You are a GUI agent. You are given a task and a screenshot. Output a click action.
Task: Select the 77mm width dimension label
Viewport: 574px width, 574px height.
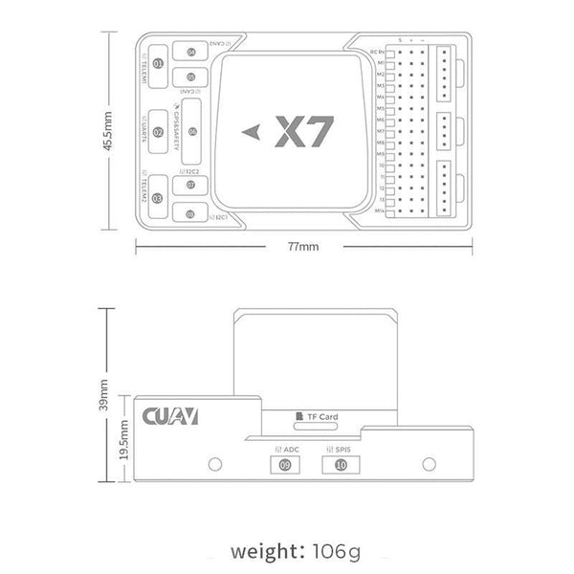tap(304, 247)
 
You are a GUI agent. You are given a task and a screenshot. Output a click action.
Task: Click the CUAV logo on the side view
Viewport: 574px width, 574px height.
tap(170, 417)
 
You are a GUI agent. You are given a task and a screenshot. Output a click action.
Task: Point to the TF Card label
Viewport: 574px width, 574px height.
tap(326, 417)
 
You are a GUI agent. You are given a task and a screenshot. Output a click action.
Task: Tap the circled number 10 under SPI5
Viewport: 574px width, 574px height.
tap(342, 466)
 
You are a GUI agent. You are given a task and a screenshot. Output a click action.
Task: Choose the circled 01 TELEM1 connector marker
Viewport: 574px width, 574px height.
tap(159, 64)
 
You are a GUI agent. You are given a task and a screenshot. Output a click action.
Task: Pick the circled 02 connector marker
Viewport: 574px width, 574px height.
tap(159, 132)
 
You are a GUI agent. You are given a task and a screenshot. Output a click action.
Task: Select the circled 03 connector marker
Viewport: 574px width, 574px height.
tap(158, 198)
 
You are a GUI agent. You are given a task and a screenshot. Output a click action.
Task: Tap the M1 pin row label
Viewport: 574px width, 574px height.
tap(380, 63)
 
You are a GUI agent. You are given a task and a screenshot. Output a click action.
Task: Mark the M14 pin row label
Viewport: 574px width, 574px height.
tap(380, 209)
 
